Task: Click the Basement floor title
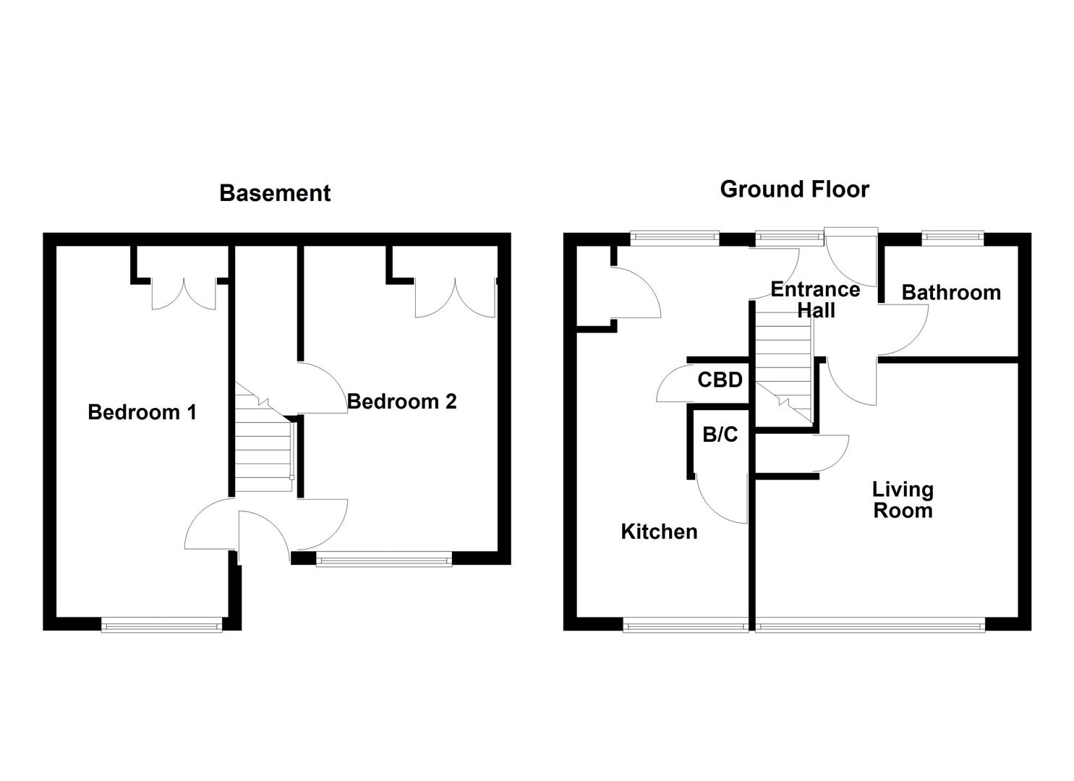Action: pyautogui.click(x=275, y=193)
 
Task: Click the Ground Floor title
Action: pyautogui.click(x=794, y=189)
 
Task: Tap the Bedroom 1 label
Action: pyautogui.click(x=142, y=412)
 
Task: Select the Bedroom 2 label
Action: pyautogui.click(x=402, y=401)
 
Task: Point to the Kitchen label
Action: pyautogui.click(x=659, y=532)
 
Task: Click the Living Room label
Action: pyautogui.click(x=903, y=500)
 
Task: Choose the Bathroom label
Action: pyautogui.click(x=951, y=292)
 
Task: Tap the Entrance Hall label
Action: pyautogui.click(x=815, y=299)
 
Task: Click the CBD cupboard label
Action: pyautogui.click(x=720, y=380)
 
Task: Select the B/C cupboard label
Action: pyautogui.click(x=720, y=435)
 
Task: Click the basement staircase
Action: pyautogui.click(x=263, y=441)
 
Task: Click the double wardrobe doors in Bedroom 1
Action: pyautogui.click(x=184, y=294)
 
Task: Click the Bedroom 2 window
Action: pyautogui.click(x=383, y=558)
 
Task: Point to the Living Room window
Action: pyautogui.click(x=870, y=625)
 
